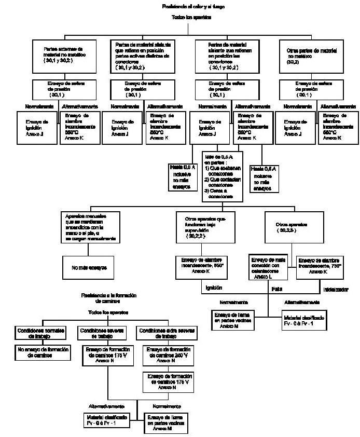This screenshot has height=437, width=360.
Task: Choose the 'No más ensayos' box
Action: click(x=86, y=268)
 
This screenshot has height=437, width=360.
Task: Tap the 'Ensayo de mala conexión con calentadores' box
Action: click(x=269, y=267)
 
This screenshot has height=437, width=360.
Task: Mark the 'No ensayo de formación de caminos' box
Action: click(x=43, y=353)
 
